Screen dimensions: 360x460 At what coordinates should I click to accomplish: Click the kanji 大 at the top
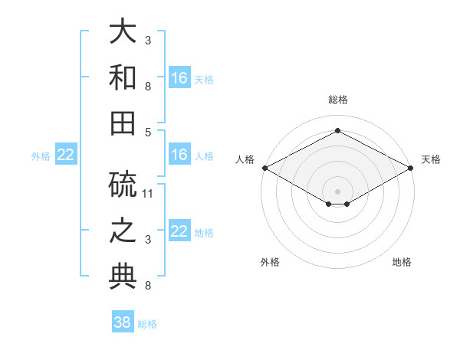(123, 32)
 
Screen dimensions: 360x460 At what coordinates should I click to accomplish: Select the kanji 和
(123, 77)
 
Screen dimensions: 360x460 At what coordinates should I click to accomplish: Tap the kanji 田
(123, 123)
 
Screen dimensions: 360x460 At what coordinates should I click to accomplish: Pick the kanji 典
(123, 276)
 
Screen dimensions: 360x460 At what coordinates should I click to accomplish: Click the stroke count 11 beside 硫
(149, 193)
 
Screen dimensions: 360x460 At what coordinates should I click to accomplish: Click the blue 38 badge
(123, 322)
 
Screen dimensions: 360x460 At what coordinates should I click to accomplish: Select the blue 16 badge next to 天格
(179, 78)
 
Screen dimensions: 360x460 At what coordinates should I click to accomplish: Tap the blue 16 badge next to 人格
(179, 155)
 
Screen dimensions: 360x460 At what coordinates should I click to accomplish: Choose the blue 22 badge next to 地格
(179, 232)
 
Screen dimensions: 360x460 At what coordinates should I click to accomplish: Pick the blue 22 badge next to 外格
(66, 155)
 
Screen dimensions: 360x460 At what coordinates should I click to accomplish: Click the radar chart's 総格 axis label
(337, 100)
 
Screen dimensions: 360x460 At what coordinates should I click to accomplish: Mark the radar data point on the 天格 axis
(411, 168)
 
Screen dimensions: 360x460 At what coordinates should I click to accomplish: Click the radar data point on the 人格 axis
(264, 168)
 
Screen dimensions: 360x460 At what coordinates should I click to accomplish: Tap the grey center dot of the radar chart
(337, 190)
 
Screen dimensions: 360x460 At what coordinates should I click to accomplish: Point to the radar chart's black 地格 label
(402, 262)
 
